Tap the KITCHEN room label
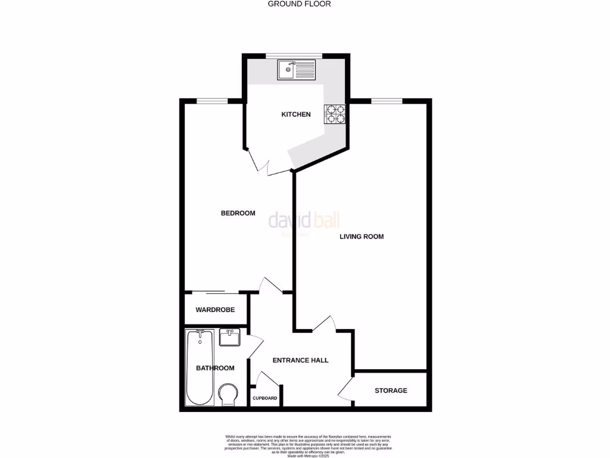[x=296, y=114]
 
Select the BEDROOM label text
[x=238, y=213]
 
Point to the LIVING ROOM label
[x=362, y=237]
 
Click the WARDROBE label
[x=215, y=310]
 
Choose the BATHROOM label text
[x=215, y=369]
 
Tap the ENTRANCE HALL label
[x=300, y=360]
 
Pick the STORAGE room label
[x=391, y=391]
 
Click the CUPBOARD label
[x=264, y=398]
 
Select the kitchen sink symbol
[x=296, y=70]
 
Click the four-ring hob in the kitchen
[x=335, y=114]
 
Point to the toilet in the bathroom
[x=227, y=394]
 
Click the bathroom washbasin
[x=229, y=338]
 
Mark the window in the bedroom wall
[x=213, y=101]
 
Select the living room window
[x=387, y=101]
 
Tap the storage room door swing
[x=346, y=391]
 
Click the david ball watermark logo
[x=304, y=222]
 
